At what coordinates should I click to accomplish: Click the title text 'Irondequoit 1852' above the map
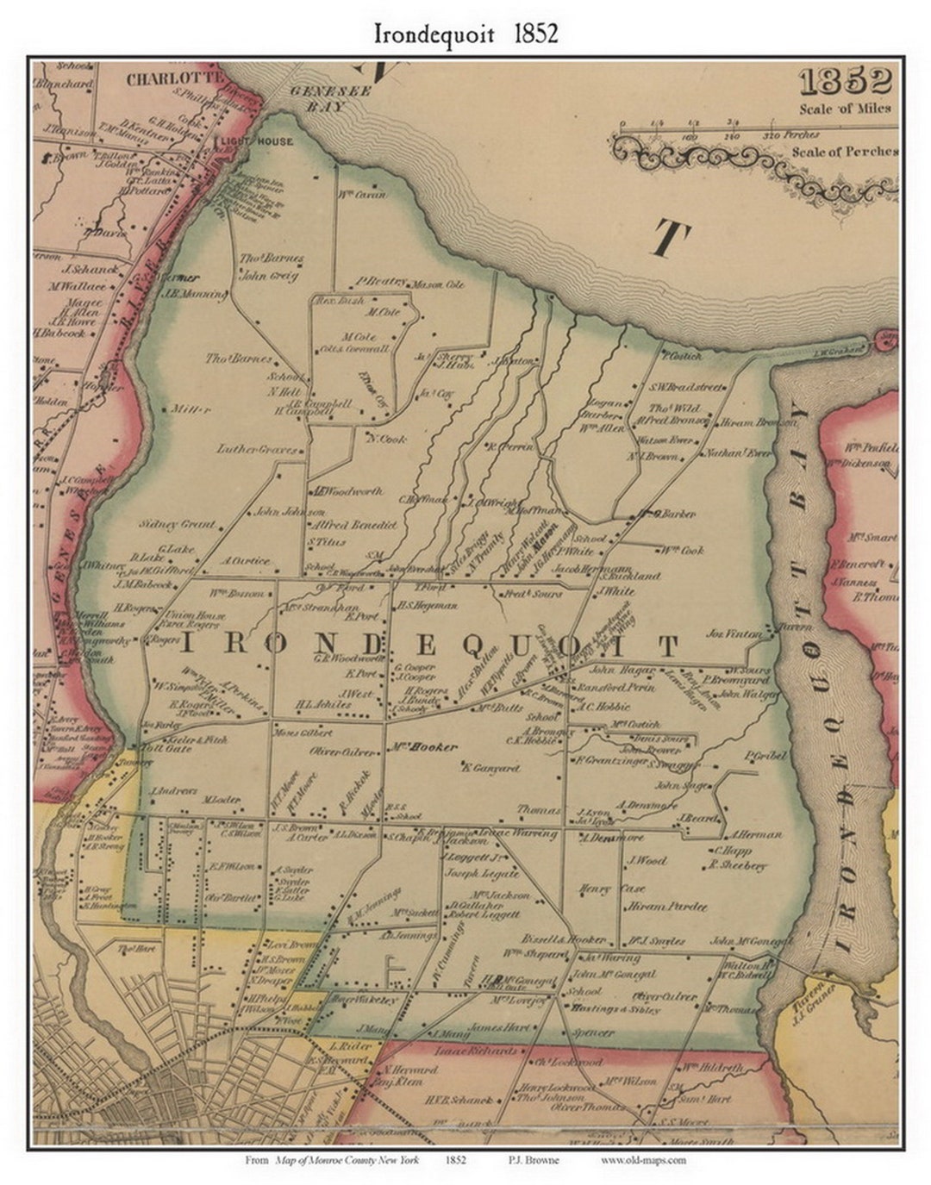point(465,34)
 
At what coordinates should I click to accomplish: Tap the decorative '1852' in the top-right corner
point(844,82)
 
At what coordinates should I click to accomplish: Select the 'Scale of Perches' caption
point(845,152)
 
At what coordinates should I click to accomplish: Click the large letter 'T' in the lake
point(672,238)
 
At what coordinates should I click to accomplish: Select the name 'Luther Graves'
point(256,449)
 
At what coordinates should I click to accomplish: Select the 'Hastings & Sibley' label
point(615,1007)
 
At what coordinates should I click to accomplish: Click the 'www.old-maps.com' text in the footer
point(643,1160)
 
